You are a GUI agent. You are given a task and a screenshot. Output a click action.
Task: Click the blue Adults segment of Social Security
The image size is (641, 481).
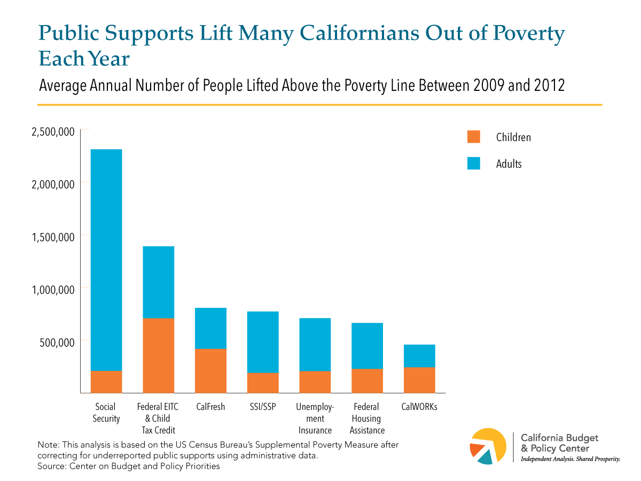pyautogui.click(x=106, y=260)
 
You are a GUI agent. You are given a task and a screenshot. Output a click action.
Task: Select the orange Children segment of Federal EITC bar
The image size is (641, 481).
pyautogui.click(x=159, y=355)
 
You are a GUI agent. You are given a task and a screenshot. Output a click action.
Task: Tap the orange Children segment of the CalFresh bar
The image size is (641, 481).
pyautogui.click(x=210, y=371)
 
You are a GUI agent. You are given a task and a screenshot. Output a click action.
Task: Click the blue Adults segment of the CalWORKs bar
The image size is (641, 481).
pyautogui.click(x=419, y=356)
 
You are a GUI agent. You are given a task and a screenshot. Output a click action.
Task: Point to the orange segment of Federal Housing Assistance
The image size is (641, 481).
pyautogui.click(x=367, y=381)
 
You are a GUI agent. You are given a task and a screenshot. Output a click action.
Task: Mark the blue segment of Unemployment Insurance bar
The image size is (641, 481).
pyautogui.click(x=315, y=345)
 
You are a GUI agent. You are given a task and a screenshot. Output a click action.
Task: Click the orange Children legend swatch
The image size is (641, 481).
pyautogui.click(x=474, y=137)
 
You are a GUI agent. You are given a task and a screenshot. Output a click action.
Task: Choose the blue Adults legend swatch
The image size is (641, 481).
pyautogui.click(x=474, y=164)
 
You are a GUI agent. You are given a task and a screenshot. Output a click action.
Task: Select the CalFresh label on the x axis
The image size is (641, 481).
pyautogui.click(x=210, y=407)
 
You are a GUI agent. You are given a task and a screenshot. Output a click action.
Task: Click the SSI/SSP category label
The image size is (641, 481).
pyautogui.click(x=263, y=407)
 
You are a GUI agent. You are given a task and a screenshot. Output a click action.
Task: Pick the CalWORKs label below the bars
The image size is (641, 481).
pyautogui.click(x=419, y=407)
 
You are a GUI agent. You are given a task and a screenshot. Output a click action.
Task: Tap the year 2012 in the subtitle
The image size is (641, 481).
pyautogui.click(x=547, y=86)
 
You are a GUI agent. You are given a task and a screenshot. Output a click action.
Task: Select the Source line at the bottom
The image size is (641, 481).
pyautogui.click(x=129, y=466)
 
